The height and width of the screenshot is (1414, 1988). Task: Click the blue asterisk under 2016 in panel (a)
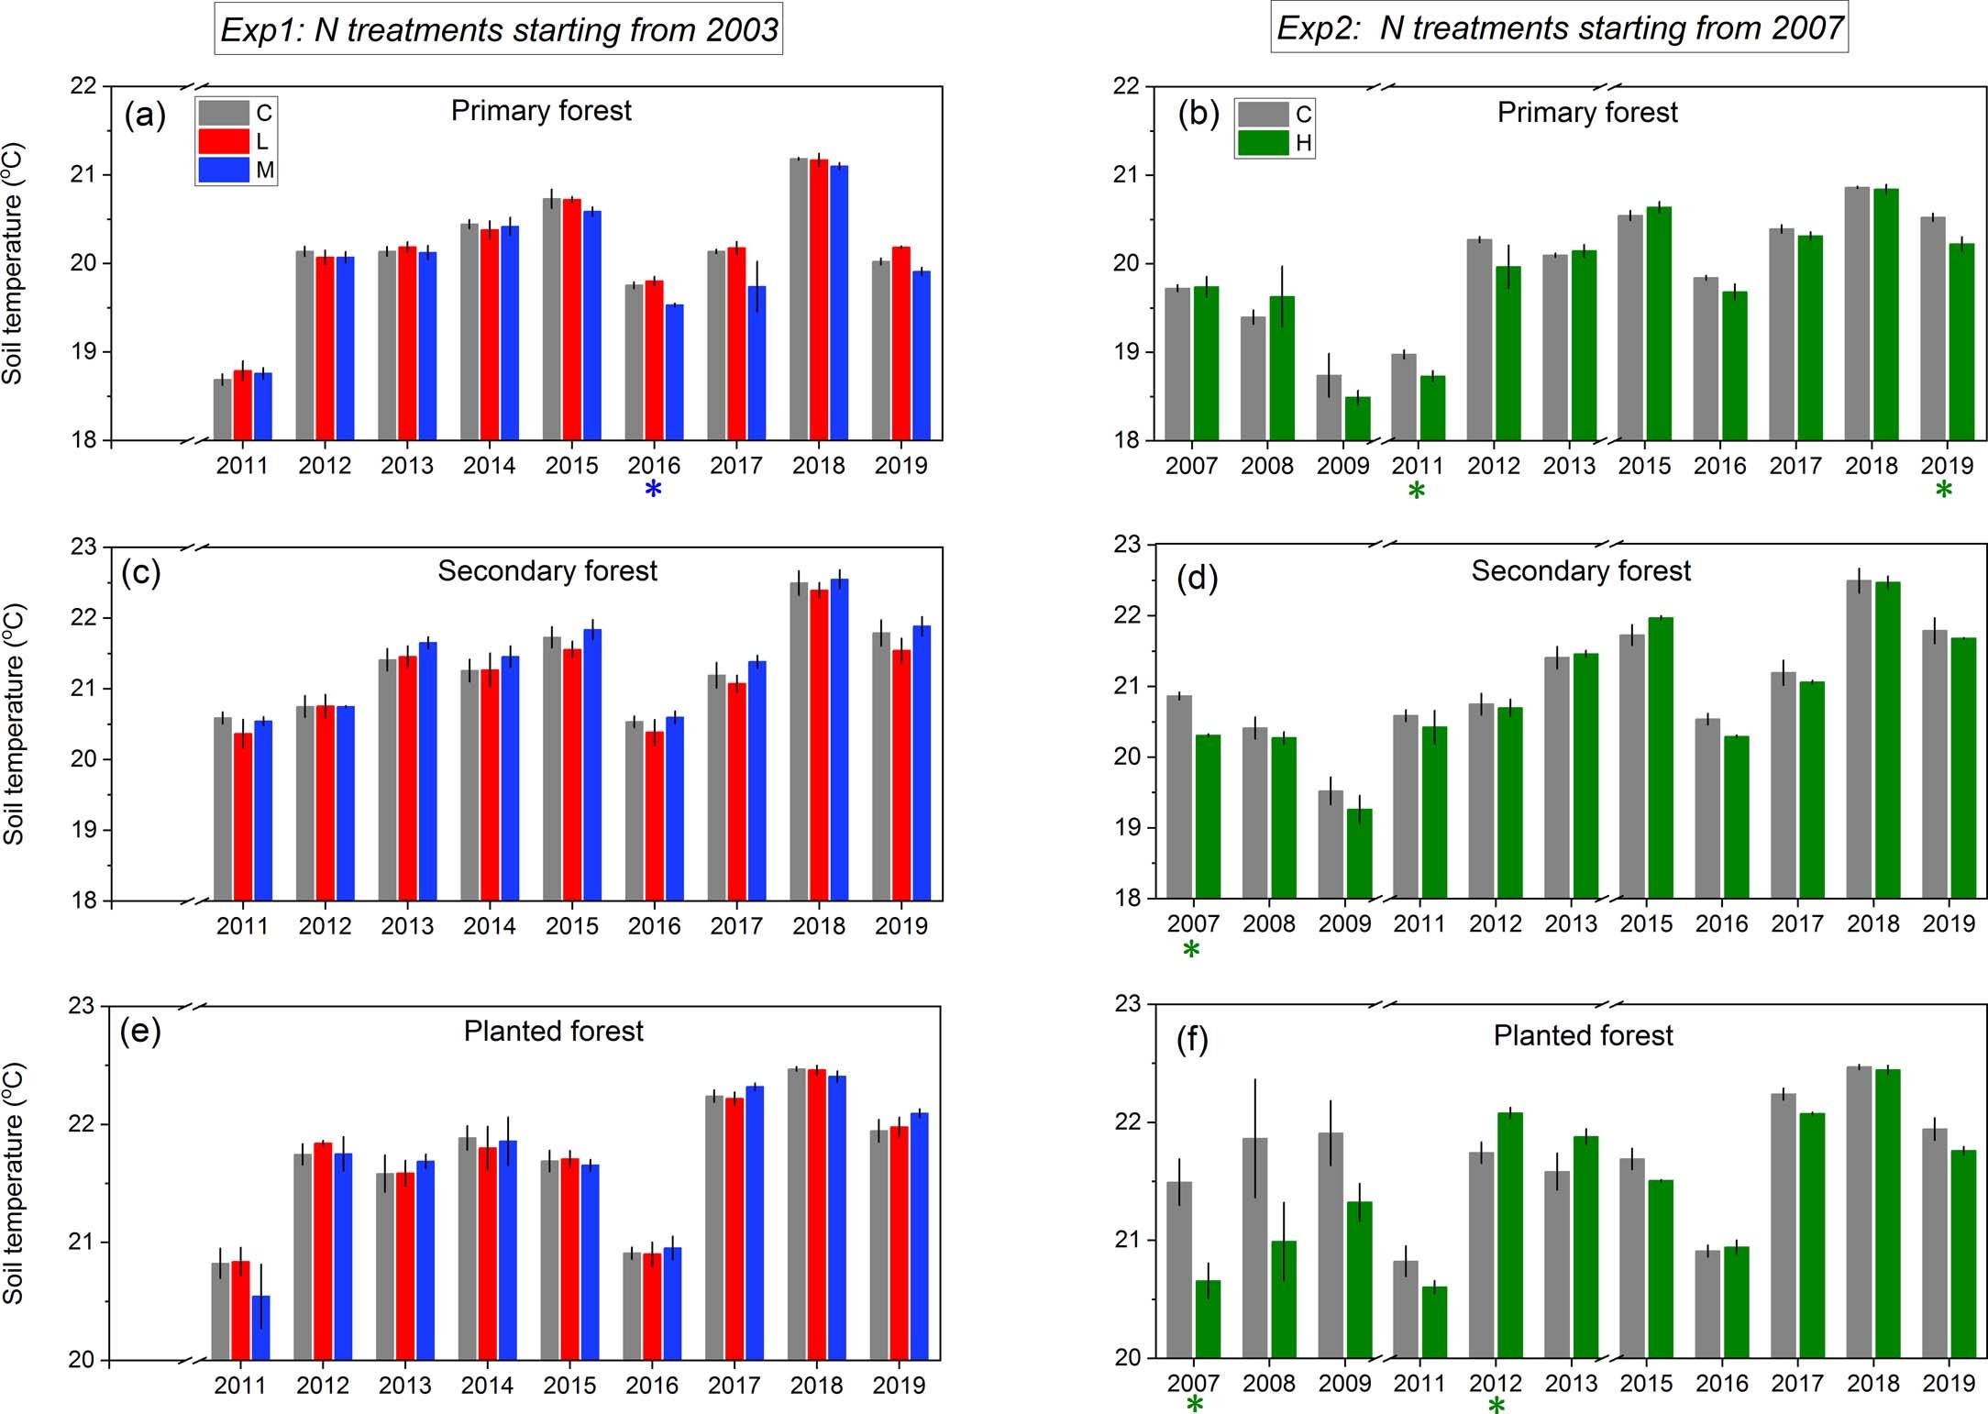tap(653, 490)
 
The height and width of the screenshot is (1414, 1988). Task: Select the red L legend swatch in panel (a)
tap(224, 141)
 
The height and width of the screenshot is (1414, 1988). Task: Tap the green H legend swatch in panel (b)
tap(1263, 142)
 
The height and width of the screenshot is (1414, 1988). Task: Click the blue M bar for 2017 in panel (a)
tap(757, 367)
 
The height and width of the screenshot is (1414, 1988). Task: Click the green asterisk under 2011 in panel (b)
tap(1417, 492)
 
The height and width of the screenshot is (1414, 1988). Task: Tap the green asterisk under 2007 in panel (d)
tap(1191, 950)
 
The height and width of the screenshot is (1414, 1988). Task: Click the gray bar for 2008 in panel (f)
tap(1254, 1247)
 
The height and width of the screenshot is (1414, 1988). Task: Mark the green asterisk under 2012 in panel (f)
tap(1497, 1406)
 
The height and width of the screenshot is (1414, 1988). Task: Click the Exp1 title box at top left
tap(499, 30)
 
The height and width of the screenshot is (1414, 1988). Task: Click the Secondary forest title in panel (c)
tap(547, 571)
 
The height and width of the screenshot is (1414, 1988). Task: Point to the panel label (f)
tap(1192, 1040)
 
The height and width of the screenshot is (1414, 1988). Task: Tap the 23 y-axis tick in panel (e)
tap(82, 1006)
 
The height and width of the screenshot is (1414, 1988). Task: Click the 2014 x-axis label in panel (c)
tap(489, 926)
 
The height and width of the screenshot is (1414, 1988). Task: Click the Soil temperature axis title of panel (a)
tap(13, 264)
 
